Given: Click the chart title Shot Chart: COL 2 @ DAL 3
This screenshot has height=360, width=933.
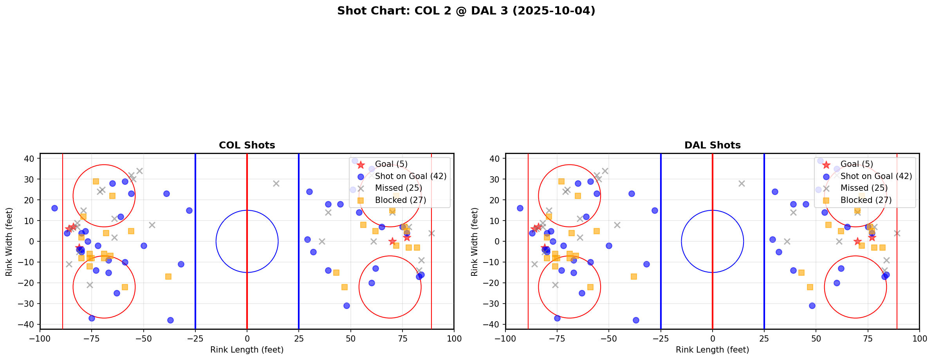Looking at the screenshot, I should click(466, 11).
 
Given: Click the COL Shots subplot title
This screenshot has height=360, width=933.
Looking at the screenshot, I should click(247, 145).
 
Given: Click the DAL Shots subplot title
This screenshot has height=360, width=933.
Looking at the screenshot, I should click(712, 145).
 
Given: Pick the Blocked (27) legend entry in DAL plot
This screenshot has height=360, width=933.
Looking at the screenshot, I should click(866, 200).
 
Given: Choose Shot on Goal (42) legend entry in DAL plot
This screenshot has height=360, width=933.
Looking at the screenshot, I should click(876, 176).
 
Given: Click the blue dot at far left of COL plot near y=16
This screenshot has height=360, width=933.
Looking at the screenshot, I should click(54, 208).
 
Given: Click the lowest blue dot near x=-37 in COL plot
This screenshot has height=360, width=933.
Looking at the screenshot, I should click(170, 320).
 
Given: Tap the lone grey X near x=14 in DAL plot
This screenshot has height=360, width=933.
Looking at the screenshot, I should click(742, 183).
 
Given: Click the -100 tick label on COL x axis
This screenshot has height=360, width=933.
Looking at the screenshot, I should click(40, 338).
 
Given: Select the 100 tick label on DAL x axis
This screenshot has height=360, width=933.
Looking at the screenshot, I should click(919, 338).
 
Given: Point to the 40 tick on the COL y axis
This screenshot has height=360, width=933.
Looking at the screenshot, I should click(32, 159).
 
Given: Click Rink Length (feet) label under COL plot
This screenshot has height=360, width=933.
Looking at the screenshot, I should click(247, 350).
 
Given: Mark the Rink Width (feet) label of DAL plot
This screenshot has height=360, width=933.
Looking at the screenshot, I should click(474, 242).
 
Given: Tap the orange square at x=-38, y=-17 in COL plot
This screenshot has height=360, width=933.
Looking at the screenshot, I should click(168, 277).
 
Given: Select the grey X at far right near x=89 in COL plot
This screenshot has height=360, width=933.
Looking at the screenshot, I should click(431, 233).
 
